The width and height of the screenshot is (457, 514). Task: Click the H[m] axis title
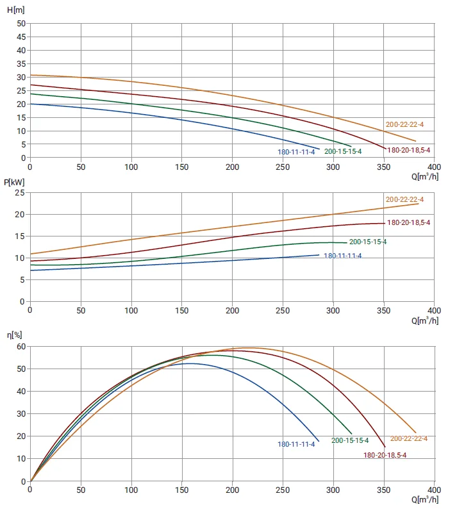16,10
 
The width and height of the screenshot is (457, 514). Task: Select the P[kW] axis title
14,182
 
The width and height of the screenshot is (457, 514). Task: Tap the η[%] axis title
15,335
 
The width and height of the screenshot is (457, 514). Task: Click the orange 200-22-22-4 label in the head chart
404,124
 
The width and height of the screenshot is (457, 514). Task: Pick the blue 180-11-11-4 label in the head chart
296,152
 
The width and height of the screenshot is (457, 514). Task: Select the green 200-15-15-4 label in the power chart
368,242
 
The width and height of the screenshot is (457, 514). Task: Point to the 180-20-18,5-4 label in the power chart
408,222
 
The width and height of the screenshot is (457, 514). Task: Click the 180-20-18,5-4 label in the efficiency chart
385,455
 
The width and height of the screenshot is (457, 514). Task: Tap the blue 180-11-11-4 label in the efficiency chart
296,444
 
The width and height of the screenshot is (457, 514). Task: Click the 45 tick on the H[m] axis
21,37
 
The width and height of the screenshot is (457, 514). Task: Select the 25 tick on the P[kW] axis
20,193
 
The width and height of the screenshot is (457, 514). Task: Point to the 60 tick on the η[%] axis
21,347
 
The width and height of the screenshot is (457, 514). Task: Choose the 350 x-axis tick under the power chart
383,311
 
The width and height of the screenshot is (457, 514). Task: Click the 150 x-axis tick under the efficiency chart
181,490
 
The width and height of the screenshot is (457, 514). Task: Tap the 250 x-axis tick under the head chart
283,167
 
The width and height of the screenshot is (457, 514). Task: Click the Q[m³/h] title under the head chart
425,177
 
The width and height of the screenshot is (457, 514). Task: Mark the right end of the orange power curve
419,204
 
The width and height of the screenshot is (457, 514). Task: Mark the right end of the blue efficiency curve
319,441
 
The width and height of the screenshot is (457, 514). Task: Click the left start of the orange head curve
31,75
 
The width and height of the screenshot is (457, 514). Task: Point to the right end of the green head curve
351,146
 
